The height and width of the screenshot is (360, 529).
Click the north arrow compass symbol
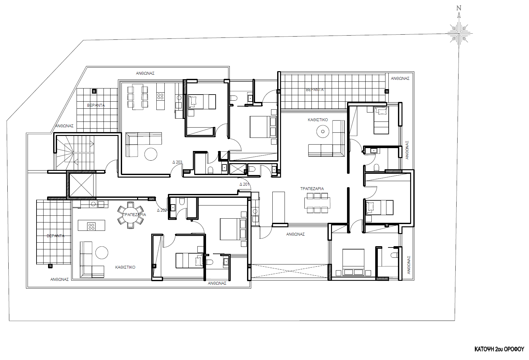[x=459, y=33]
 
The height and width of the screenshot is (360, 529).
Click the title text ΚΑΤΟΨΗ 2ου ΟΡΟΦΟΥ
[x=499, y=349]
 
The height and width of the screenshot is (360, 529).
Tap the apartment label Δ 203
[x=177, y=162]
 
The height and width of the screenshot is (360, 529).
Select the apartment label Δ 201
[x=244, y=184]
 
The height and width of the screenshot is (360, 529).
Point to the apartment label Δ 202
[x=162, y=210]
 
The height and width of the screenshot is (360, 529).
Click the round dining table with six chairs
[x=130, y=215]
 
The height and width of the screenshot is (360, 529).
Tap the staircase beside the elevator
[x=76, y=152]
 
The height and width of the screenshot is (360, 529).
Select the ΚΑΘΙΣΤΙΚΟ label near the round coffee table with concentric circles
[x=318, y=120]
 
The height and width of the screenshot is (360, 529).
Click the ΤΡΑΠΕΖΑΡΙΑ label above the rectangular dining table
[x=312, y=189]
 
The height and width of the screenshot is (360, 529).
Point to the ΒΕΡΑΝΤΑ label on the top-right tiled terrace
[x=315, y=90]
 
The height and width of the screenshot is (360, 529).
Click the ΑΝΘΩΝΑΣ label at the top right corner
[x=400, y=79]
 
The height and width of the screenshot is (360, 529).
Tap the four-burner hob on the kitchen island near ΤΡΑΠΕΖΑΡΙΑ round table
[x=91, y=226]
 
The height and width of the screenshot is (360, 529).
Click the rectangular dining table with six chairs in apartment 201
[x=317, y=203]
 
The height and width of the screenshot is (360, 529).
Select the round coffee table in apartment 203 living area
[x=151, y=154]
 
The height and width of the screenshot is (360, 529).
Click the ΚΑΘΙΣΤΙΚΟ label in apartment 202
[x=125, y=267]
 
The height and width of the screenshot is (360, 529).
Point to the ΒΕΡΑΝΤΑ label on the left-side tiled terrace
[x=55, y=236]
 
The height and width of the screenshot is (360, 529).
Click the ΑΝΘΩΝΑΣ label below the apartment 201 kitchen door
[x=295, y=234]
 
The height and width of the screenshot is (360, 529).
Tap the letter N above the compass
[x=459, y=8]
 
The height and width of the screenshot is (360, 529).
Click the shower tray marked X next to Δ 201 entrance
[x=237, y=169]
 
